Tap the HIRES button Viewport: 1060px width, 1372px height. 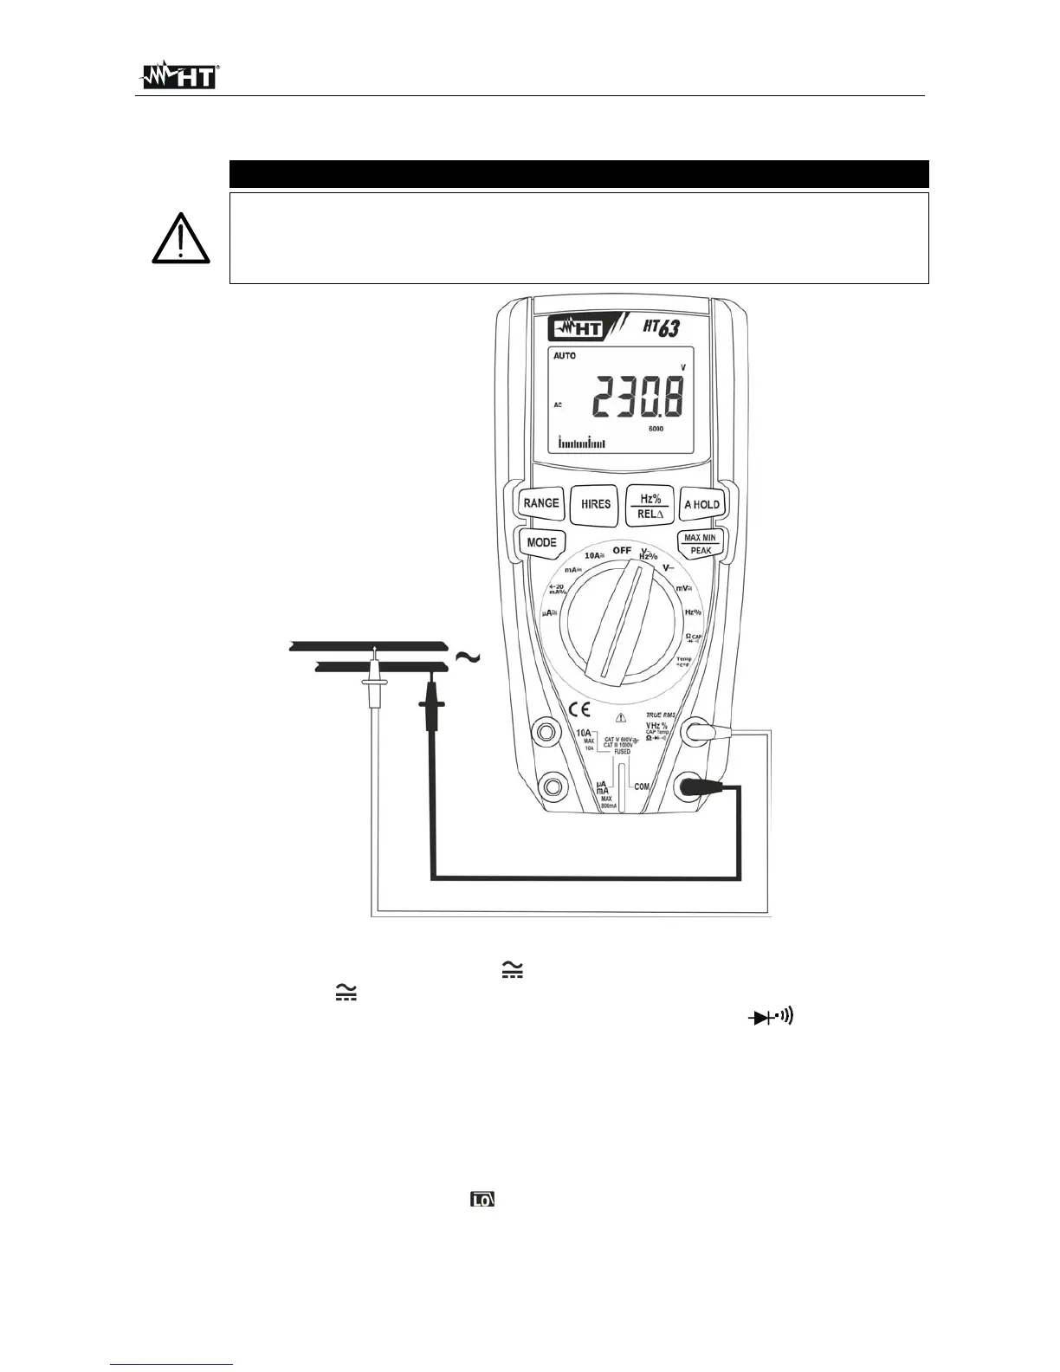[595, 504]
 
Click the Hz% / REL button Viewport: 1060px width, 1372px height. [650, 505]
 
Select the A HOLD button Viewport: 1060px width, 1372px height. [701, 504]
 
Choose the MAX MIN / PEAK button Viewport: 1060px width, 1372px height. [701, 544]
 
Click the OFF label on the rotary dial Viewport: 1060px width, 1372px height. [622, 550]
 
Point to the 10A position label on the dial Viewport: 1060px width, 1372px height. [593, 555]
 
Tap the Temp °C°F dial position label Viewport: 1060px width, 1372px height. [684, 662]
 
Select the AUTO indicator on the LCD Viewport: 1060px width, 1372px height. [565, 356]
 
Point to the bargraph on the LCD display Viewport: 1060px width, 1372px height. [582, 443]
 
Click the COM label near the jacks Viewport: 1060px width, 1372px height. [642, 786]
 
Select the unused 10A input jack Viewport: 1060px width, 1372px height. [546, 733]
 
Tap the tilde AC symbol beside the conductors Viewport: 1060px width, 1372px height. [467, 657]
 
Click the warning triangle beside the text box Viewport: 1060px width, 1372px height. [181, 238]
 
